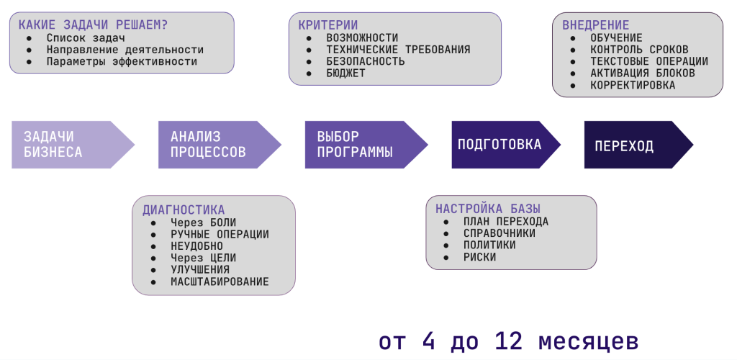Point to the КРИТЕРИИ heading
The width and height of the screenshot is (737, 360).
327,25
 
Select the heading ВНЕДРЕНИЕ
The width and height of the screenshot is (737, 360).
595,25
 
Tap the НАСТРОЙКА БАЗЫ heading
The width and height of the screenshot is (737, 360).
479,209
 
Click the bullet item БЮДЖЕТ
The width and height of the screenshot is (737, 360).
345,73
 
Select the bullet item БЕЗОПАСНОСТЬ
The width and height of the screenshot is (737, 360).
366,61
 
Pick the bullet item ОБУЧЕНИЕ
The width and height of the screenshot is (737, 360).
616,37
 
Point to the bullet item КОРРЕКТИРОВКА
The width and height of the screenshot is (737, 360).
633,85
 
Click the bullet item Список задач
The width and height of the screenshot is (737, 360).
85,37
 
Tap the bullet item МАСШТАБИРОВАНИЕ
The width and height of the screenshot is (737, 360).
220,282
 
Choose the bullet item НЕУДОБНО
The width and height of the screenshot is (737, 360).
196,246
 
